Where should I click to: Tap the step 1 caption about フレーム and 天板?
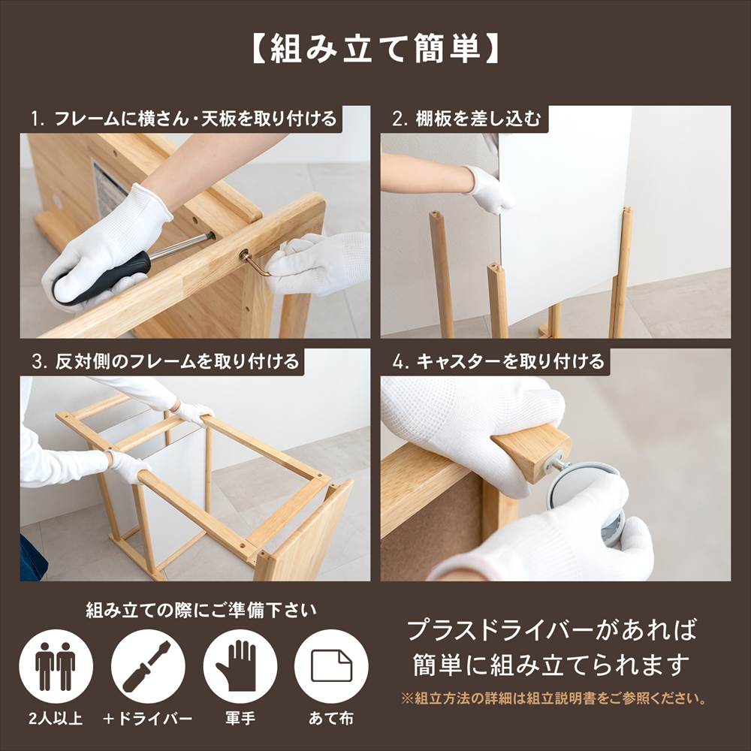184,119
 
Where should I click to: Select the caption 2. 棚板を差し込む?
466,119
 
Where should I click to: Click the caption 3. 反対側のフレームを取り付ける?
165,361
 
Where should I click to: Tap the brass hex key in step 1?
256,262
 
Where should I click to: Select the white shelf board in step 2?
563,210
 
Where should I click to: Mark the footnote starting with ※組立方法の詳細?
554,699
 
